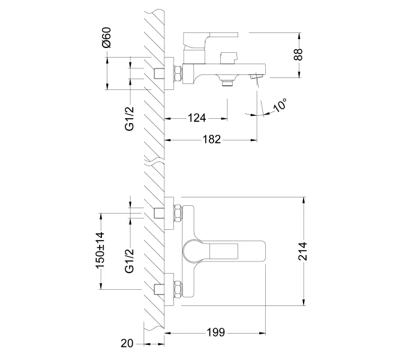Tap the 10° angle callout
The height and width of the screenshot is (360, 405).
pos(280,106)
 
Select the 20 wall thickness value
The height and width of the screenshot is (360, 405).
pos(126,343)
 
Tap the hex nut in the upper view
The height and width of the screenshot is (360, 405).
pos(178,74)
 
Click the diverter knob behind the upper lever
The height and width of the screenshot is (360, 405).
pos(228,58)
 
